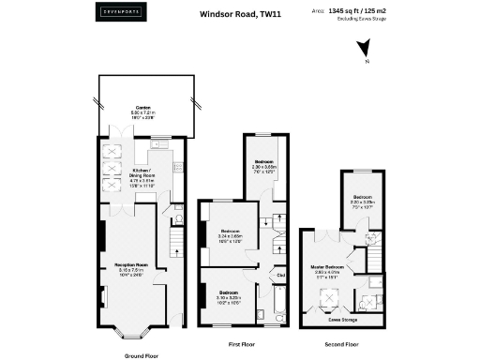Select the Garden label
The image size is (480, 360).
click(142, 108)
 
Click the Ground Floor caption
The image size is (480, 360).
click(141, 356)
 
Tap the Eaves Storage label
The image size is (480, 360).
click(340, 319)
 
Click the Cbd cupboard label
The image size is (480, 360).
click(279, 275)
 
